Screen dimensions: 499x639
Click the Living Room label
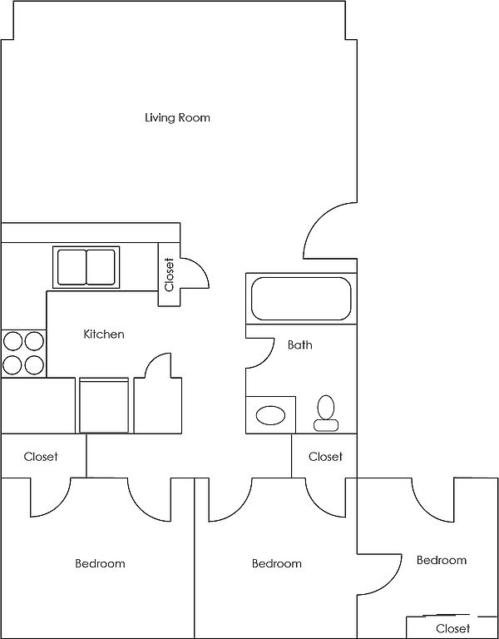[x=178, y=118]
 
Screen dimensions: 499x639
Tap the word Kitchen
[x=104, y=334]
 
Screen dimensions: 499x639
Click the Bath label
[x=299, y=344]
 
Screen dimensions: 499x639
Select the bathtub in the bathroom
[x=301, y=299]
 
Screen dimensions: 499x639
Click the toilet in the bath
[x=326, y=413]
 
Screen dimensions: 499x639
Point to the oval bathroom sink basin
[x=270, y=415]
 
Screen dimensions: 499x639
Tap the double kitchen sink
[x=86, y=267]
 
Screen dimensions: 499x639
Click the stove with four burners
[x=23, y=353]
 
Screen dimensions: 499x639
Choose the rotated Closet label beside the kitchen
[x=169, y=275]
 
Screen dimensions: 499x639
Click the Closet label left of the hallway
[x=41, y=457]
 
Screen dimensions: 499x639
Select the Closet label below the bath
[x=325, y=457]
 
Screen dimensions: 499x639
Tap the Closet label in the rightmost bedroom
[x=453, y=628]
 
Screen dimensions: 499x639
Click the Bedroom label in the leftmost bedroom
[x=100, y=563]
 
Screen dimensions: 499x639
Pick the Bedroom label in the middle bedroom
[x=277, y=563]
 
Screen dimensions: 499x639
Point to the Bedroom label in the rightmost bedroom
[x=442, y=560]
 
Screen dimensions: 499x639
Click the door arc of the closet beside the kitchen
[x=201, y=268]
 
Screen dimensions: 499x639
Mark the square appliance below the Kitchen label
[x=104, y=405]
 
